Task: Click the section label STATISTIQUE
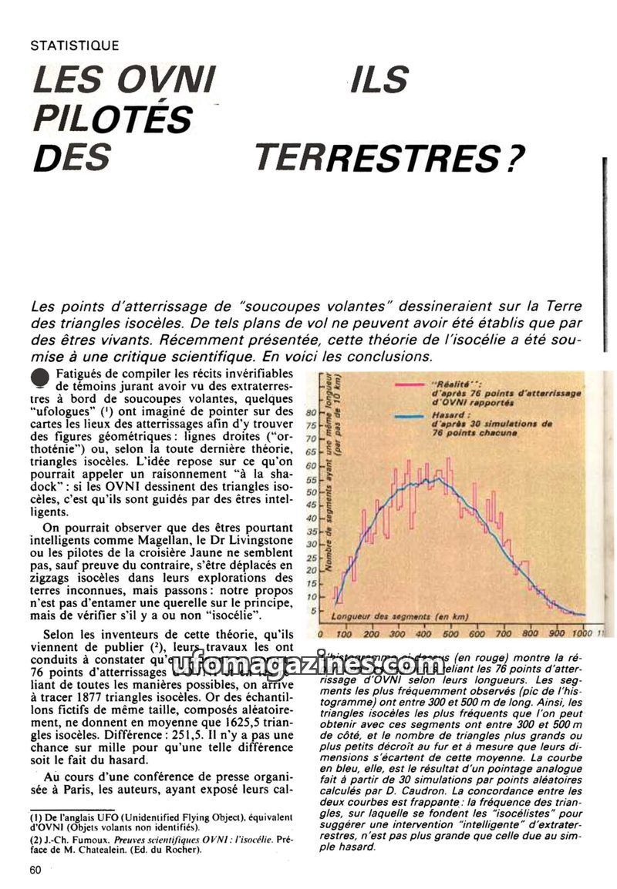tap(74, 45)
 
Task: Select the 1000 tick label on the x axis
tap(582, 633)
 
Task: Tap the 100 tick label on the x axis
tap(345, 633)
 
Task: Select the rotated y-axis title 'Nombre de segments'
tap(337, 501)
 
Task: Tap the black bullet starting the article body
tap(40, 374)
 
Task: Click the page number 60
tap(35, 870)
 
